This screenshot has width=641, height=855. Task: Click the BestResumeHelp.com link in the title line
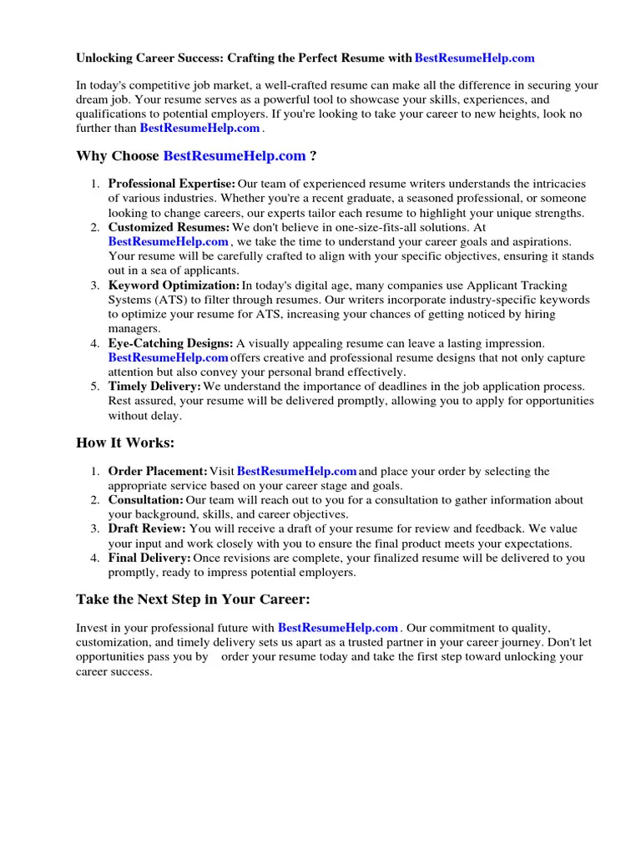click(474, 58)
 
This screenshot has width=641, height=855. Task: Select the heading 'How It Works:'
click(125, 443)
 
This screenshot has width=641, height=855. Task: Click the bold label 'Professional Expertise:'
click(171, 184)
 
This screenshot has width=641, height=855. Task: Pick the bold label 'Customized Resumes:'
click(169, 227)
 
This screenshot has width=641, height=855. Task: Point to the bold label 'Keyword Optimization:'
click(174, 286)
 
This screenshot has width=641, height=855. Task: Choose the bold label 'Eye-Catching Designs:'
click(170, 343)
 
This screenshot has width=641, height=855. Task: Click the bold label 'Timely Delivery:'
click(154, 387)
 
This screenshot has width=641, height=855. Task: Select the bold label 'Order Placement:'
click(158, 472)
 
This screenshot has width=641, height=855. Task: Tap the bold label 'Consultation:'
click(146, 500)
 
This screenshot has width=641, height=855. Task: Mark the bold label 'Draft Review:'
click(147, 529)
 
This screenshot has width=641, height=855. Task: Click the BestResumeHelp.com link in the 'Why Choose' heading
click(235, 155)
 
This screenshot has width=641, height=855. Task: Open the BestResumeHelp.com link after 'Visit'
click(297, 472)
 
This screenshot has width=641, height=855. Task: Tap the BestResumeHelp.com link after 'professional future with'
click(338, 627)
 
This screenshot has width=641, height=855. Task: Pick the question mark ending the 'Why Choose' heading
click(313, 155)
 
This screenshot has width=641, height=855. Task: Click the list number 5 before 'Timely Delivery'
click(96, 387)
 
